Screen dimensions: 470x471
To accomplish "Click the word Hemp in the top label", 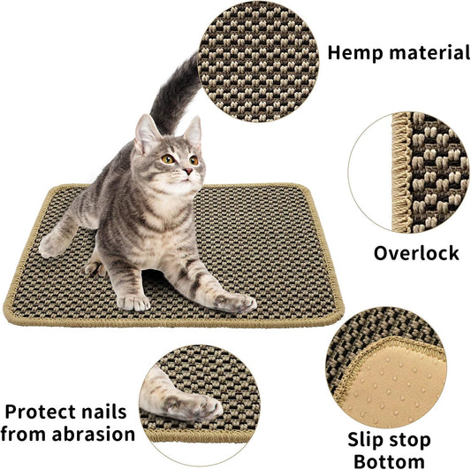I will click(x=353, y=52).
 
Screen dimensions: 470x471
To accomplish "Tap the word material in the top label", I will click(x=427, y=52).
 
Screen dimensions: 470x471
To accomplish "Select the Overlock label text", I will click(x=415, y=253).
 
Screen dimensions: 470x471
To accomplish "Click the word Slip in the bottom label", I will click(x=368, y=440).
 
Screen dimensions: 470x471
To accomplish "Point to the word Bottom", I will click(x=389, y=460).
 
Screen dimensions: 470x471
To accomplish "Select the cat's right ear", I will click(x=192, y=130).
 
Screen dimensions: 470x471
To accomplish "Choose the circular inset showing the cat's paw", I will click(x=199, y=393).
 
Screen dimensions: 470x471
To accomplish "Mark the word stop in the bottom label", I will click(x=409, y=440).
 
